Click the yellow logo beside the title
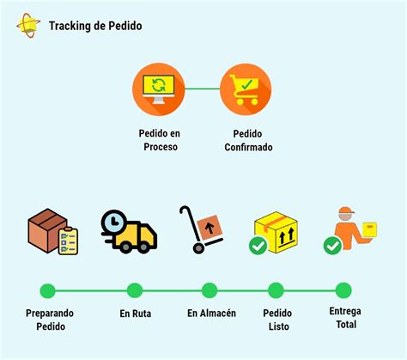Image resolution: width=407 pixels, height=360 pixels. (28, 25)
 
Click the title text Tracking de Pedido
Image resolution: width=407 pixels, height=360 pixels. (96, 26)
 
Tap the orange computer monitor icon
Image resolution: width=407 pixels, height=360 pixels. (159, 88)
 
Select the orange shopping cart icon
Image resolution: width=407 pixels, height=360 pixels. (247, 88)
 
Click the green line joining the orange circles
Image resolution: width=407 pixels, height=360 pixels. (203, 88)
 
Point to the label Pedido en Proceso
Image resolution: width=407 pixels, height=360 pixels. (159, 140)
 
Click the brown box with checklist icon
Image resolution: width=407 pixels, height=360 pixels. (52, 231)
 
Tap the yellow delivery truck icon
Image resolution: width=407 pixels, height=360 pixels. (131, 231)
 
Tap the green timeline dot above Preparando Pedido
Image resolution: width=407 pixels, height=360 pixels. (47, 290)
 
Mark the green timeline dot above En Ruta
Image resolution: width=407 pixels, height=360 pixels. (135, 290)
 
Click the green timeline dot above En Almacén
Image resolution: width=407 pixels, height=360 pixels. (210, 290)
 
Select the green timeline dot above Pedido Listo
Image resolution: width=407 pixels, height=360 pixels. (276, 290)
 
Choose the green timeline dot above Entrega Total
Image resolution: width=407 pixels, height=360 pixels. (343, 290)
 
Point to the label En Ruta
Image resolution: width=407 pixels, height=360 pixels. (135, 314)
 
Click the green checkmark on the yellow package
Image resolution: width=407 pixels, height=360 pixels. (257, 247)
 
